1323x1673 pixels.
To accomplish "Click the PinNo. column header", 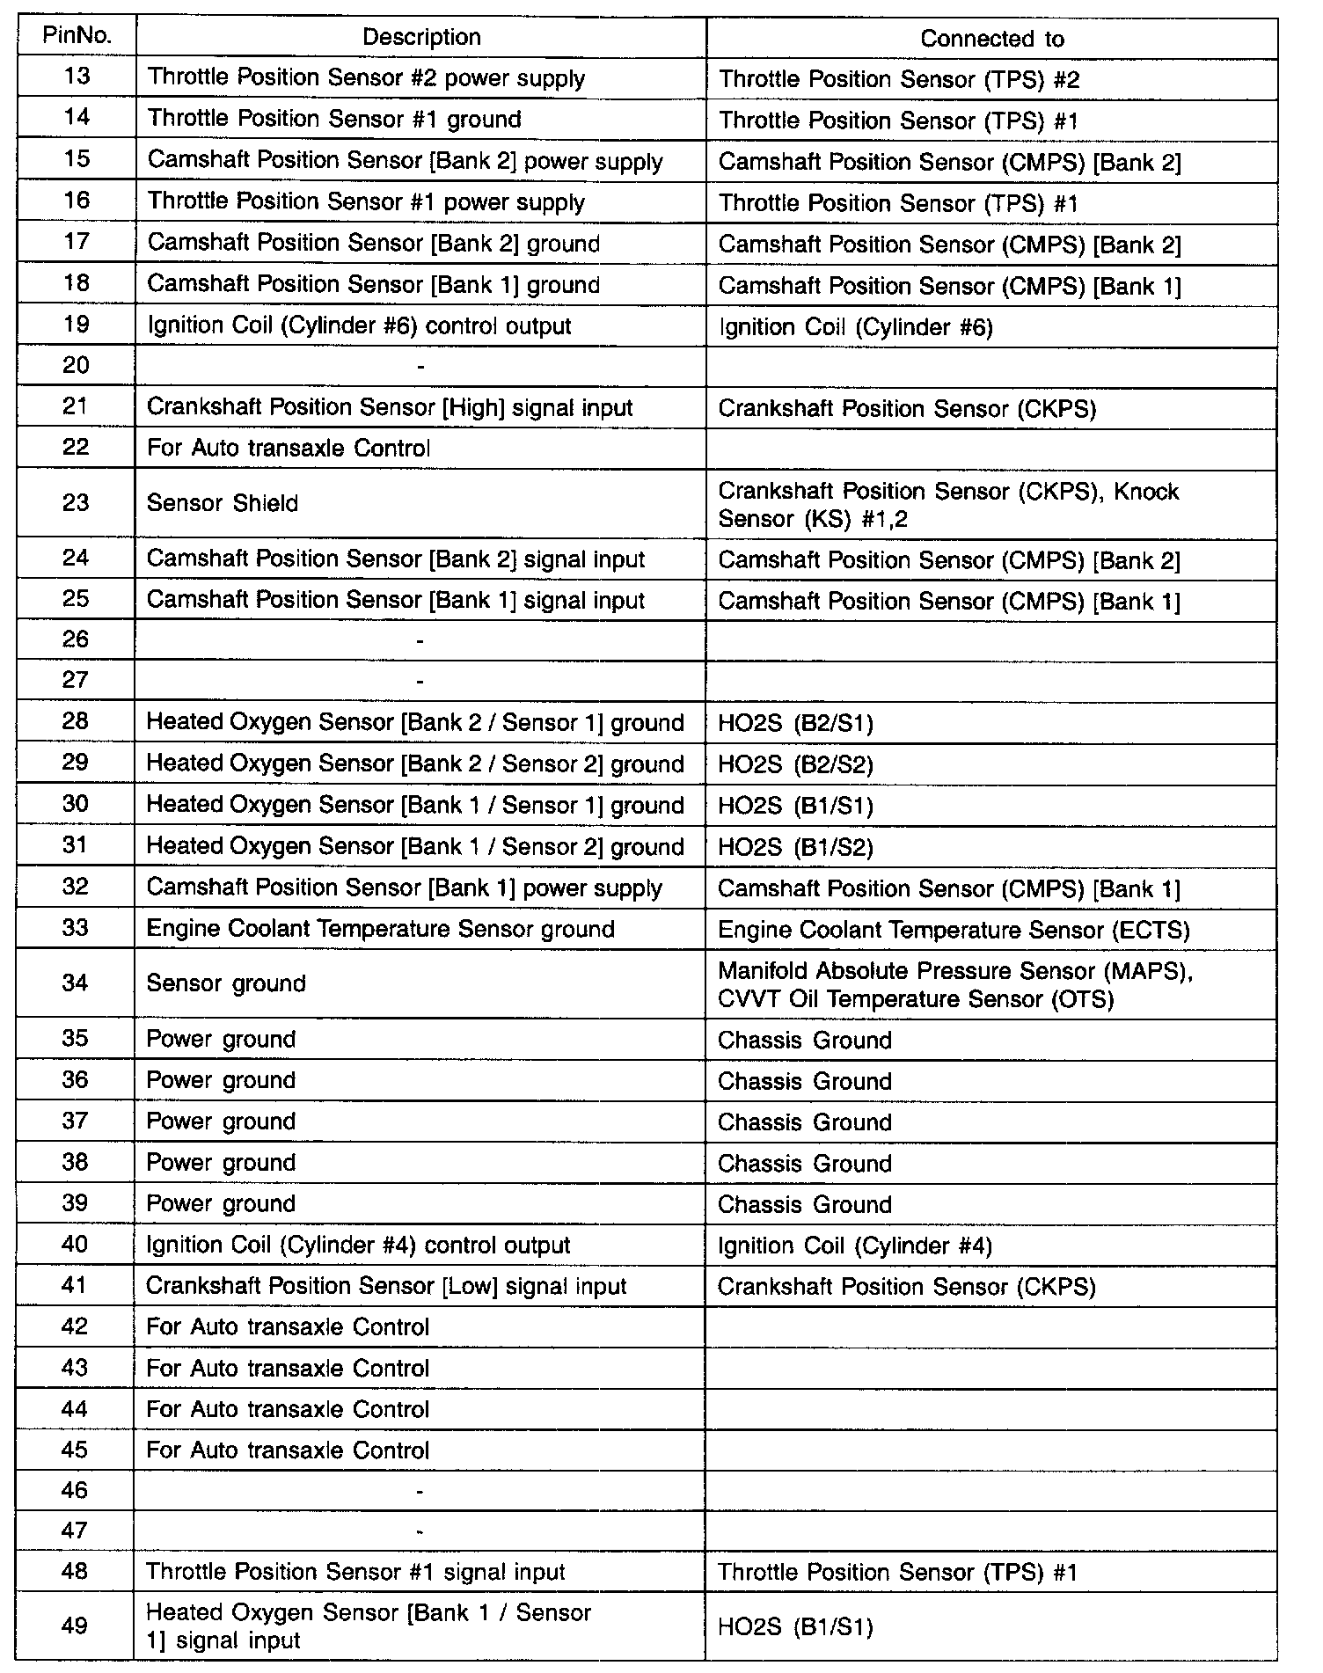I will (x=77, y=36).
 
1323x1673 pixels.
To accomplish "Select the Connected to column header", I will (x=991, y=39).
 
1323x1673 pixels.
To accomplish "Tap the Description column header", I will (x=421, y=37).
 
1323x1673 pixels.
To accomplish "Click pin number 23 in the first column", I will (x=77, y=502).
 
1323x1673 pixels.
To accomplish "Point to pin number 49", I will (x=75, y=1625).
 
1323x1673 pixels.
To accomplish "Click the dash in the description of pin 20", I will (x=420, y=366).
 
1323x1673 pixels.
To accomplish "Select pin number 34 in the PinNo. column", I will (x=76, y=983).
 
